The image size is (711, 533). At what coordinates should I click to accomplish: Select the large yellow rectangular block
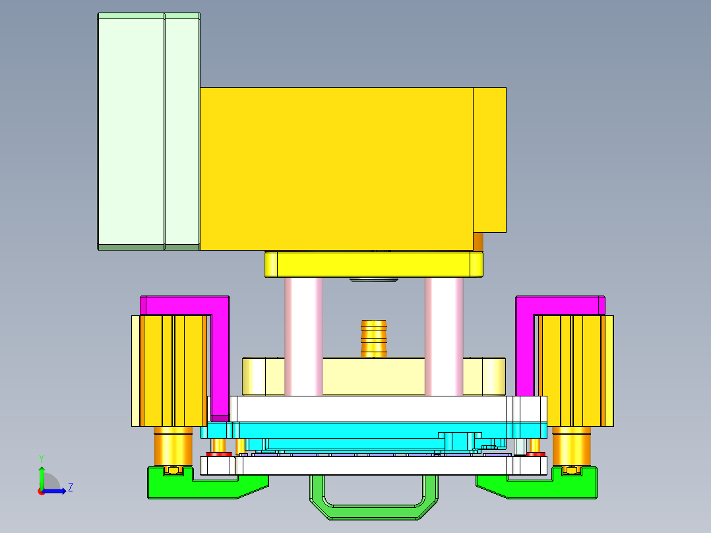click(x=336, y=168)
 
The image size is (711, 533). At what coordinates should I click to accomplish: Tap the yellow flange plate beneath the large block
click(x=373, y=265)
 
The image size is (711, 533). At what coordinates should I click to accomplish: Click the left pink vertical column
click(x=303, y=336)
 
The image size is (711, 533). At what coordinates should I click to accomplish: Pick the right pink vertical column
click(x=444, y=336)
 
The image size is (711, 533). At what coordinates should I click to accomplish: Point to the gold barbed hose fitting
click(x=373, y=338)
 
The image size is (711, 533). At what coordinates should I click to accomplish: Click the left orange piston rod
click(x=173, y=445)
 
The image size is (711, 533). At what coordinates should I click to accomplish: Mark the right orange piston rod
click(x=571, y=445)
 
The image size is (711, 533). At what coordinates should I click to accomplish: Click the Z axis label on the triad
click(x=70, y=487)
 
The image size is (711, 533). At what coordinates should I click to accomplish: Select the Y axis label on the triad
click(x=41, y=458)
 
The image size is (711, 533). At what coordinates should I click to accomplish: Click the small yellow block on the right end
click(x=489, y=158)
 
